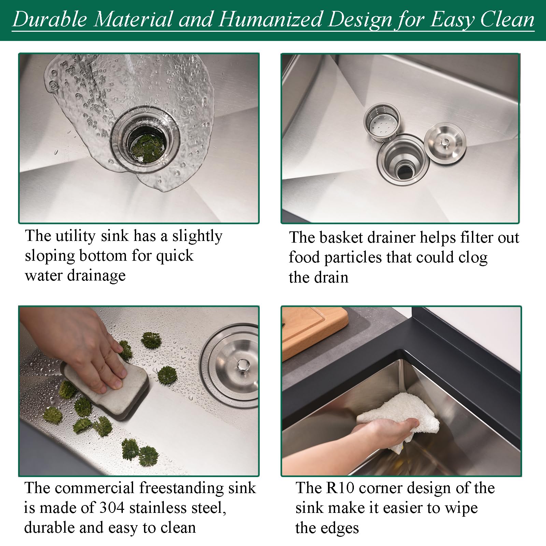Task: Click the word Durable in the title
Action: (50, 19)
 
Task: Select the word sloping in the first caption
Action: (50, 256)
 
